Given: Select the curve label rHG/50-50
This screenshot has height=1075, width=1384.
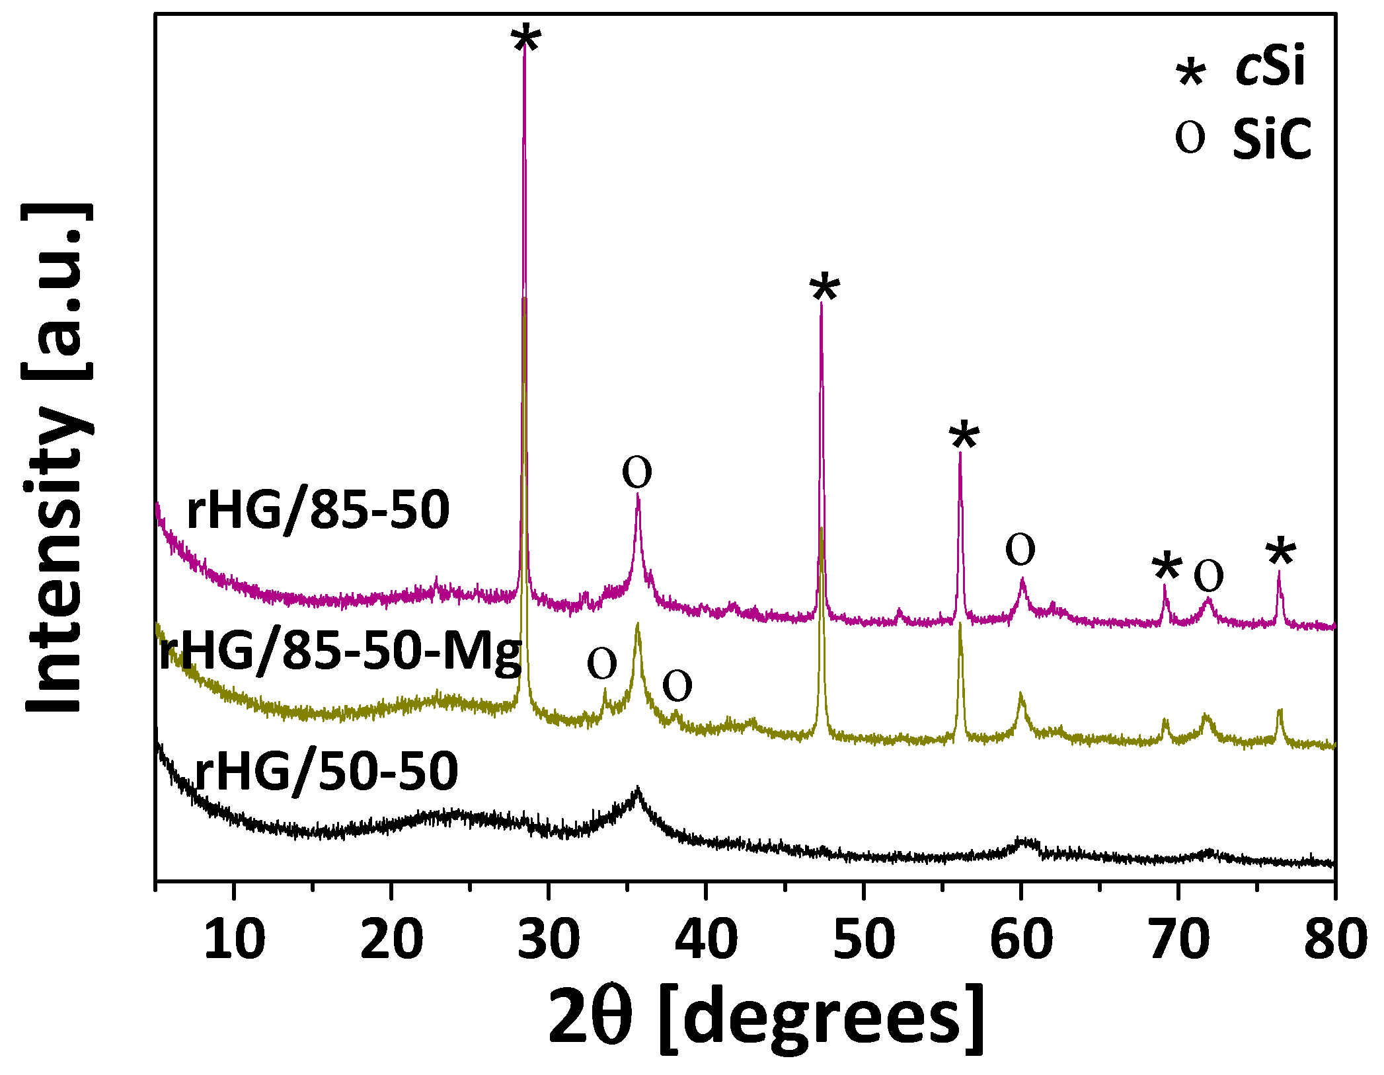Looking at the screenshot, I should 327,771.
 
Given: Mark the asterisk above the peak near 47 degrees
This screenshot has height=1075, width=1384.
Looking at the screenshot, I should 824,289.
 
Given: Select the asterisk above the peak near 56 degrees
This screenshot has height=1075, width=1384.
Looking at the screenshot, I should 964,436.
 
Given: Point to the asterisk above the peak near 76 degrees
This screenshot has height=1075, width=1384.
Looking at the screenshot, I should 1281,554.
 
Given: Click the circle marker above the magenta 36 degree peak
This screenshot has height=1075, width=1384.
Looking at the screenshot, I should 637,472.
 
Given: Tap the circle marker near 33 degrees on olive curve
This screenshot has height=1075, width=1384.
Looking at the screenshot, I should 602,663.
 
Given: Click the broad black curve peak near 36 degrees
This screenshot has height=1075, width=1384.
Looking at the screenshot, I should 637,792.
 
